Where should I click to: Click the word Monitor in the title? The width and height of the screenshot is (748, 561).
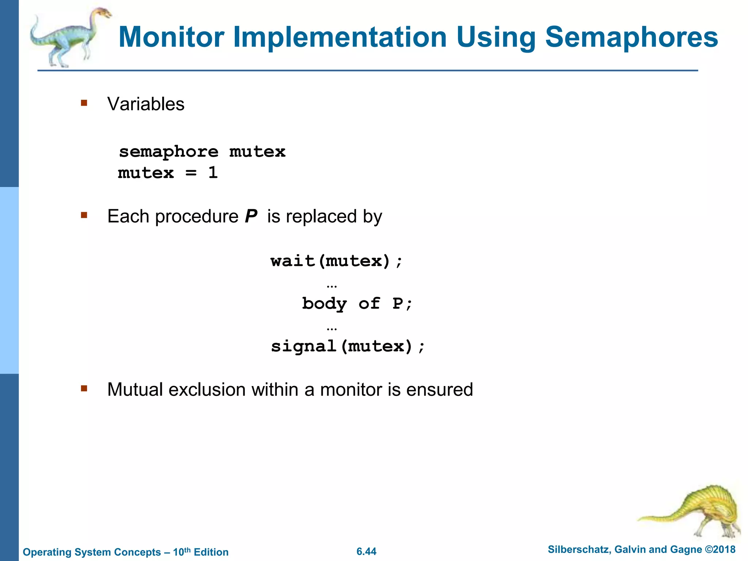(x=171, y=37)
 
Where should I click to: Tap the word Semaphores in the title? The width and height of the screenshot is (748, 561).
(x=631, y=37)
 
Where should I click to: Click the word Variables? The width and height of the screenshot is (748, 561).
(x=146, y=104)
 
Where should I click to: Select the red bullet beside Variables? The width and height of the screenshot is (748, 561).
(x=84, y=103)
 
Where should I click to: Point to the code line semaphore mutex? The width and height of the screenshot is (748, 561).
(x=202, y=152)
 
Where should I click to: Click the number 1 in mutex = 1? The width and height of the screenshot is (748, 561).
(x=213, y=172)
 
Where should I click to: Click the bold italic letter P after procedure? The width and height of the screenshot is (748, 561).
(x=251, y=216)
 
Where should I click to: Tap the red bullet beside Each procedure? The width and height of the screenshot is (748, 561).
(x=84, y=215)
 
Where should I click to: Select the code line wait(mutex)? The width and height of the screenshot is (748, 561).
(x=336, y=261)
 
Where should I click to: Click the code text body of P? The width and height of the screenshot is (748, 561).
(x=357, y=304)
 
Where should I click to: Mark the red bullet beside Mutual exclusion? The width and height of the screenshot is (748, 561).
(x=84, y=388)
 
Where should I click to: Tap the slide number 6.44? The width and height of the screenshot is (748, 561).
(x=366, y=552)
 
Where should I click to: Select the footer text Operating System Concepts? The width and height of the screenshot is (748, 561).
(x=92, y=552)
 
